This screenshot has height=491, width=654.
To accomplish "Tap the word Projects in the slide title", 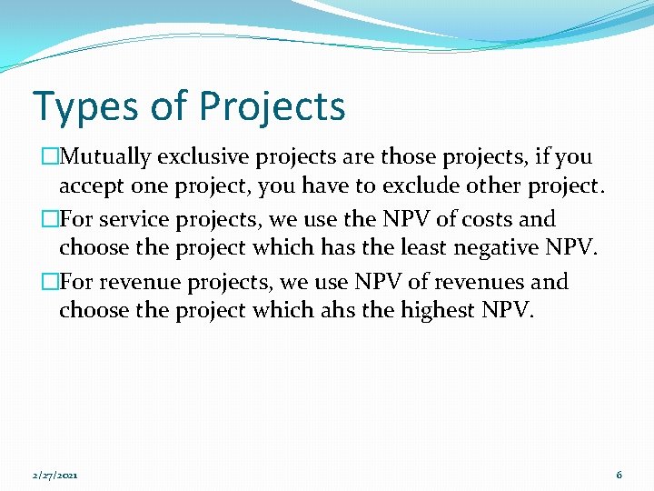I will tap(272, 106).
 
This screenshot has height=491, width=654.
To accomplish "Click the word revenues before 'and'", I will tap(485, 282).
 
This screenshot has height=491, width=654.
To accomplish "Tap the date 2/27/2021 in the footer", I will tap(54, 475).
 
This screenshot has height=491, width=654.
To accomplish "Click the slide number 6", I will tap(619, 475).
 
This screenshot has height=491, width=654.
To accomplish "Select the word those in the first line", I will tap(408, 156).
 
